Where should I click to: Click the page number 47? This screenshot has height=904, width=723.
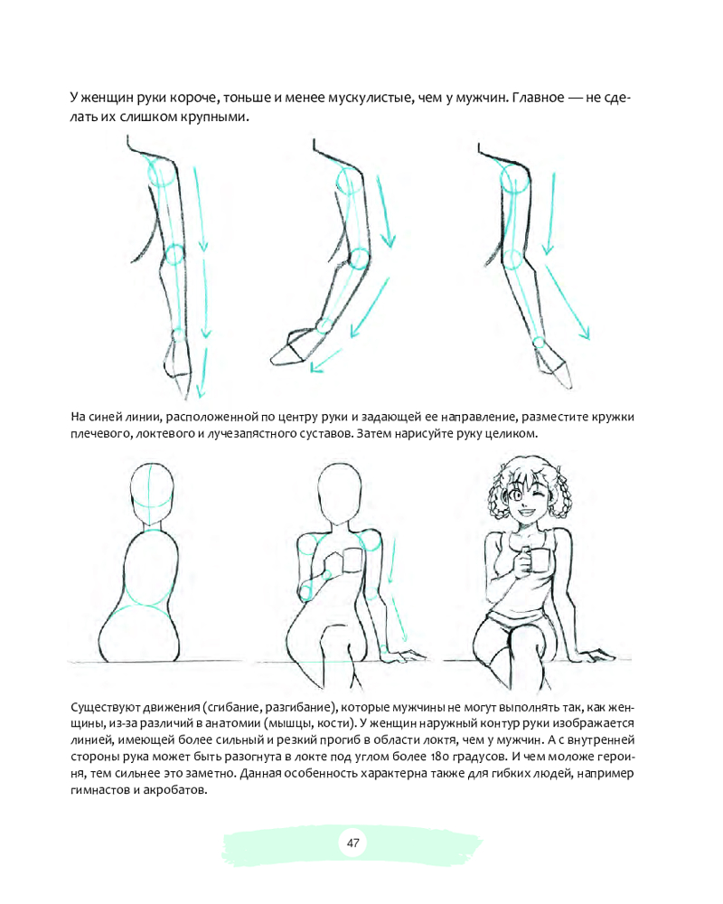click(352, 843)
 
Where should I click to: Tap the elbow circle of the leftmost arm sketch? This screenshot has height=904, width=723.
click(174, 254)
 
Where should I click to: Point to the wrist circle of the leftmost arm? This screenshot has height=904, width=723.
click(177, 336)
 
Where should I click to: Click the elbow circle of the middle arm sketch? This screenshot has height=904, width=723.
click(359, 259)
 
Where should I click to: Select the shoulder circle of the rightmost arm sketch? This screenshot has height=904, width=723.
click(515, 179)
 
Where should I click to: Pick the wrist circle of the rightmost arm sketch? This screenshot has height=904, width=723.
click(539, 343)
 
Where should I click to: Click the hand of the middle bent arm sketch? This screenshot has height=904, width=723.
click(292, 348)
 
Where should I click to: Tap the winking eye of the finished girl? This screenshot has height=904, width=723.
click(539, 496)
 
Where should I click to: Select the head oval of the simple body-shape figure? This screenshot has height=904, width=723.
click(152, 494)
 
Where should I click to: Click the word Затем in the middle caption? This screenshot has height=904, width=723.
click(373, 433)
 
